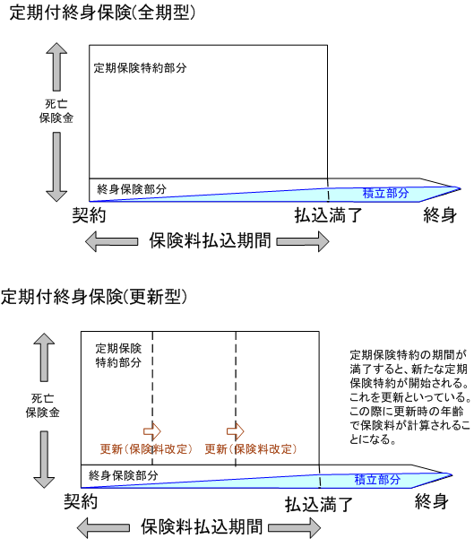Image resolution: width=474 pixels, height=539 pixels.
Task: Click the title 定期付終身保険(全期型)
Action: pos(102,13)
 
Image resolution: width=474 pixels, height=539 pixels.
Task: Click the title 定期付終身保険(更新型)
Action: pos(94,297)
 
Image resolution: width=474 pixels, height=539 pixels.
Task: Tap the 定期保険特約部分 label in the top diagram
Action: pos(140,68)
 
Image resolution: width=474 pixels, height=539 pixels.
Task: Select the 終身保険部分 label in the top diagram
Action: pos(132,188)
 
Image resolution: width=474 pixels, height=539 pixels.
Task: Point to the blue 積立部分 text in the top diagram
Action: pos(385,193)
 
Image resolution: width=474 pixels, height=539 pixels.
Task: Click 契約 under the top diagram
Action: pos(89,215)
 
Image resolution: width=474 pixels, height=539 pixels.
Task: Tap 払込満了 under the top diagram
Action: pos(328,215)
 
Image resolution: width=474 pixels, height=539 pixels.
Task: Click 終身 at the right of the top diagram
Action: pos(440,215)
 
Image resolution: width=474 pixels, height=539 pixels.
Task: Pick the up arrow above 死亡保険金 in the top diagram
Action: pos(56,66)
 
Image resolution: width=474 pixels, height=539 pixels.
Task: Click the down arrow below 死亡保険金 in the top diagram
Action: pos(56,167)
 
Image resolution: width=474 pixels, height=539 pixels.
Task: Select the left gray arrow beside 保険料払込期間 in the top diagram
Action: pos(112,241)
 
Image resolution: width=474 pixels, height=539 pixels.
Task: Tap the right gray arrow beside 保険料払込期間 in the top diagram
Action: pos(303,241)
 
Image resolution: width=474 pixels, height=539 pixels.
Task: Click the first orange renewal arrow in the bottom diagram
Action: pos(152,431)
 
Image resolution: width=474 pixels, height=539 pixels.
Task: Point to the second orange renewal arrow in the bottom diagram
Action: pos(236,431)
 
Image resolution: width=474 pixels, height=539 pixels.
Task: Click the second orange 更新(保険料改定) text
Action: pos(251,449)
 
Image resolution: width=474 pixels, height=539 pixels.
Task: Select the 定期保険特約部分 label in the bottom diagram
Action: pos(118,355)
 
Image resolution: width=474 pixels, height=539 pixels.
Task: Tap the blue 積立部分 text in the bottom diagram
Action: pos(377,480)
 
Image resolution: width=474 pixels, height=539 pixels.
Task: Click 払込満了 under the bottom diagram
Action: pos(319,505)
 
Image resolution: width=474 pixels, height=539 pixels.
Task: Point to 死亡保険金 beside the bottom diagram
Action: pos(43,405)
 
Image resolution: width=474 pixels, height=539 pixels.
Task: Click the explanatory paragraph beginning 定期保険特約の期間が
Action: pos(410,396)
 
